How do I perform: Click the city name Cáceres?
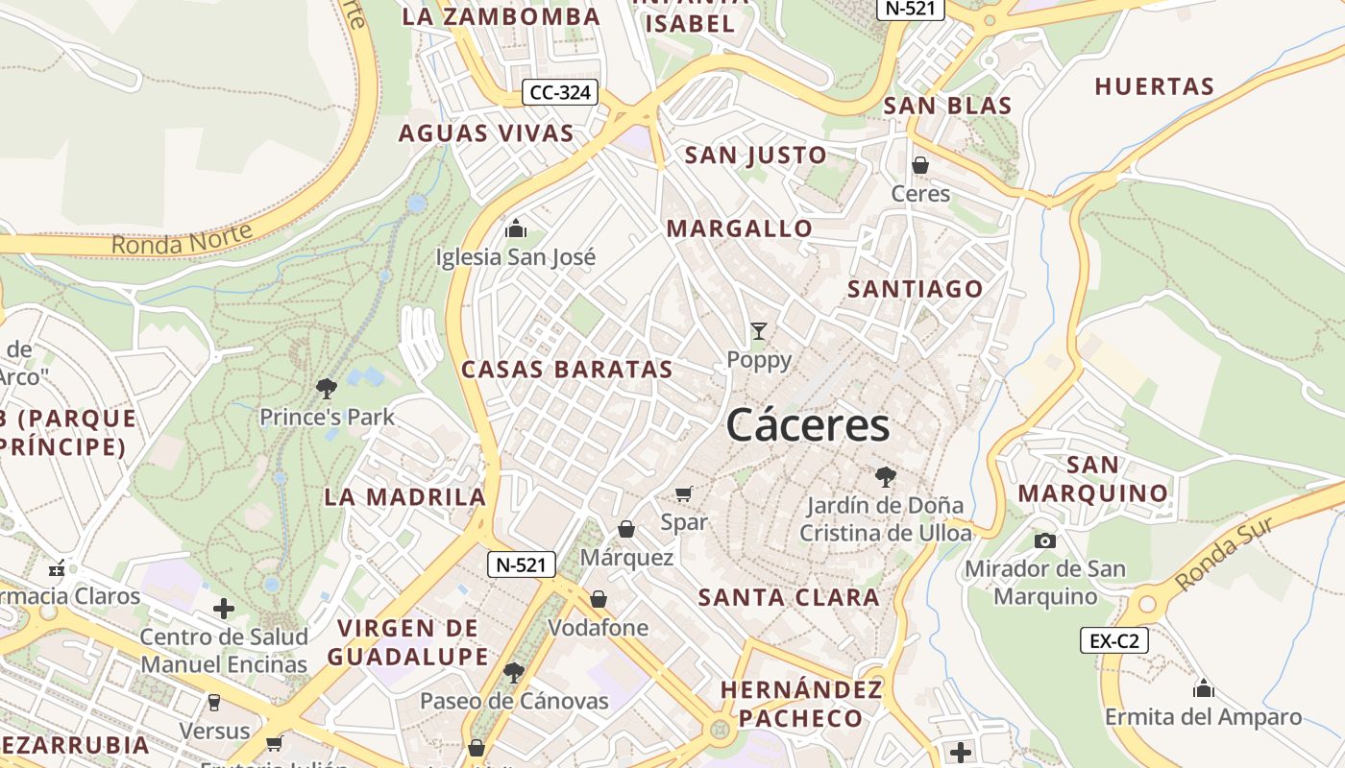click(x=808, y=424)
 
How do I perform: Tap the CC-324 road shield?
click(x=560, y=93)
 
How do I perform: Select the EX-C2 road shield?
click(x=1113, y=640)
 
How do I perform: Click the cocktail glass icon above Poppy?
click(x=759, y=331)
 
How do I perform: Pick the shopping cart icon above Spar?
click(x=684, y=494)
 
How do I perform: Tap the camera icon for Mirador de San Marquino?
click(x=1045, y=541)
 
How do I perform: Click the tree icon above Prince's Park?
click(x=327, y=389)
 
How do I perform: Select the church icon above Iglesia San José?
click(x=516, y=229)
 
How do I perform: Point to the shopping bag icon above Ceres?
click(x=920, y=165)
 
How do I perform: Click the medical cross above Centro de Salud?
click(x=224, y=608)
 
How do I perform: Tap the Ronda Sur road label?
click(x=1224, y=554)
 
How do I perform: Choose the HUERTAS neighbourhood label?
click(x=1155, y=86)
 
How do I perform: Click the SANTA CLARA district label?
click(x=789, y=597)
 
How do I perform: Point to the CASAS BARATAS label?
click(x=567, y=370)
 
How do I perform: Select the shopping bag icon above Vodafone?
click(x=599, y=600)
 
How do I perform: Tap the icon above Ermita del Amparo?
click(x=1203, y=689)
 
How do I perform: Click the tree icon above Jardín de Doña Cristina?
click(x=885, y=476)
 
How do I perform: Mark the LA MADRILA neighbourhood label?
click(x=405, y=496)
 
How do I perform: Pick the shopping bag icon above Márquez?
click(x=626, y=529)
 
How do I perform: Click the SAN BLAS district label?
click(x=947, y=106)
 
